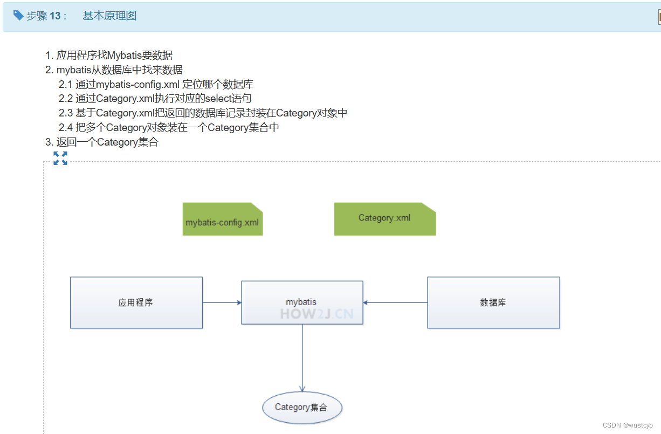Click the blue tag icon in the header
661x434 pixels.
coord(18,15)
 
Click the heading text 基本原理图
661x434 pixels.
coord(109,16)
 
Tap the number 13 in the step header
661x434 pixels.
coord(55,16)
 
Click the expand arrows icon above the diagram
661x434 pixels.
coord(60,158)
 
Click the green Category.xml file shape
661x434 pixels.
coord(384,219)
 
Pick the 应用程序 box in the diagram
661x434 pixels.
coord(136,302)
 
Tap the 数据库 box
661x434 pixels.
coord(493,302)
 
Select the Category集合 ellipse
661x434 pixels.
coord(302,408)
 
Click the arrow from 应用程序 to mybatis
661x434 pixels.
coord(222,302)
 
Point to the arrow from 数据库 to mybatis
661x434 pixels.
coord(395,302)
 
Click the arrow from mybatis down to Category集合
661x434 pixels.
coord(302,358)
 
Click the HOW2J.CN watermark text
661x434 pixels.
coord(317,314)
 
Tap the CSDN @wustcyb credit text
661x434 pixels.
coord(628,425)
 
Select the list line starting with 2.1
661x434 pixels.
coord(156,84)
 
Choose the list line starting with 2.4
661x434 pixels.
coord(169,128)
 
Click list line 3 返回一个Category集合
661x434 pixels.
coord(101,142)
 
